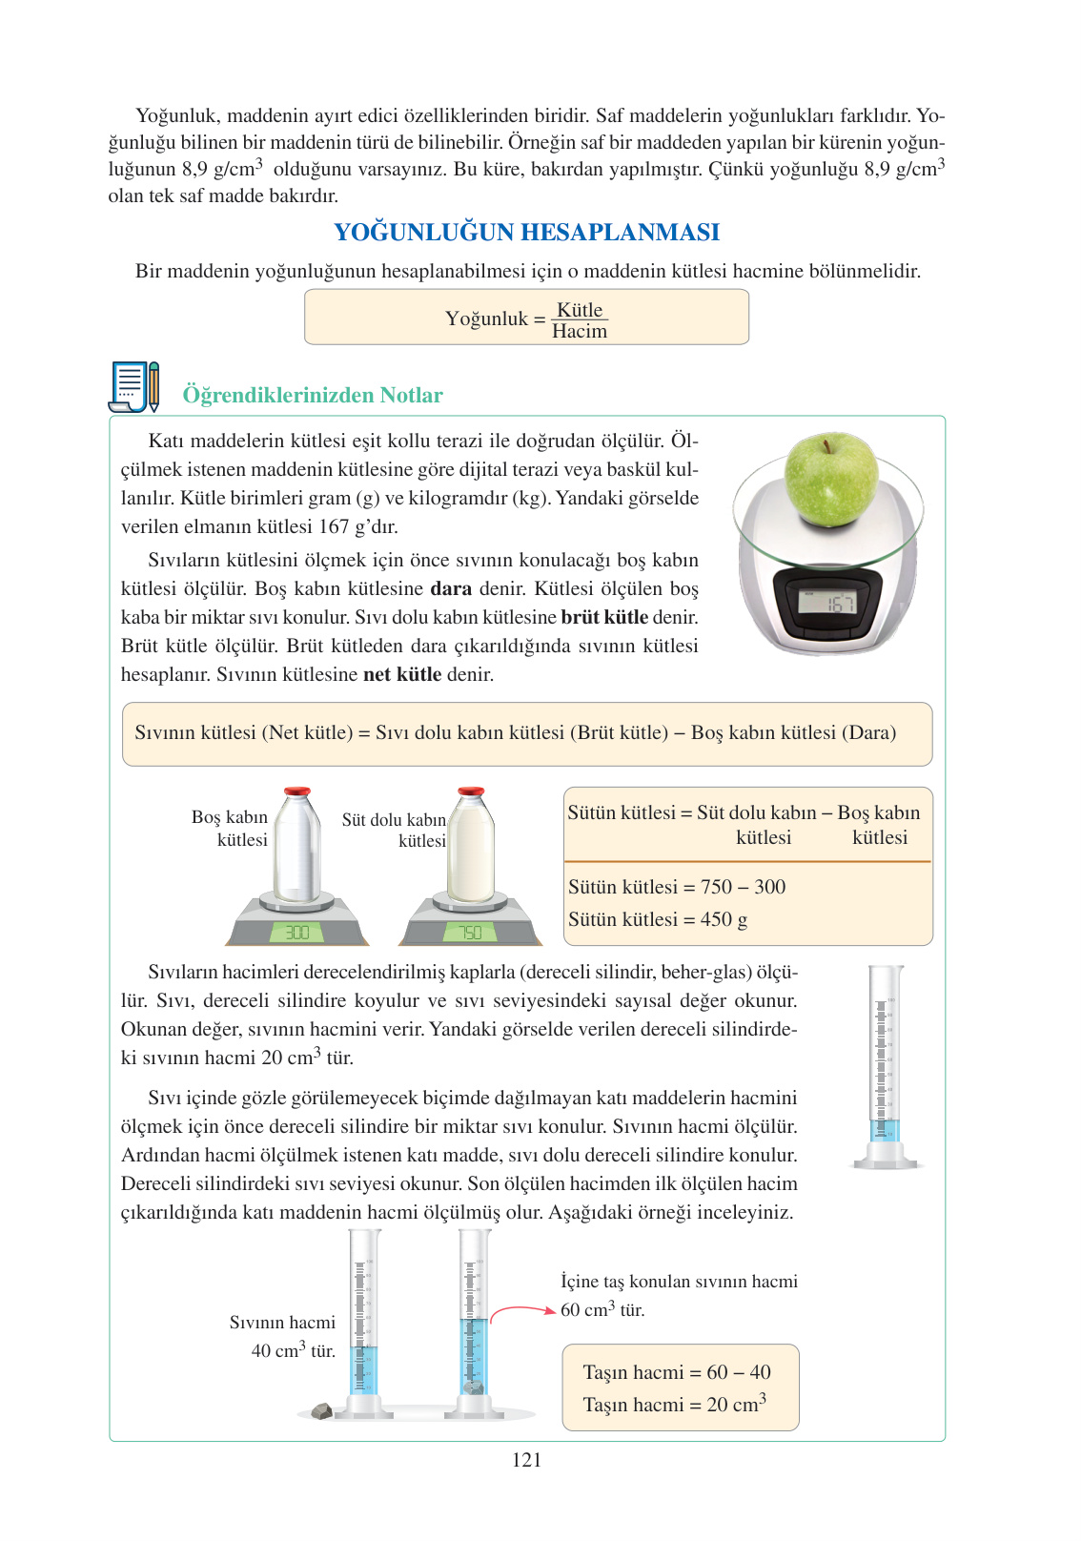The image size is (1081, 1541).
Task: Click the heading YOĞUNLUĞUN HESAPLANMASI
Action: pos(526,232)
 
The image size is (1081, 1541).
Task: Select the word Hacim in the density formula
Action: pos(579,332)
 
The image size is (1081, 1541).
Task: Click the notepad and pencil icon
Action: pos(133,386)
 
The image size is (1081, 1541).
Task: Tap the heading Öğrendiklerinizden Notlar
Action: pos(313,395)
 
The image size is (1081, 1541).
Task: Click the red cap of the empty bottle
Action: pos(297,791)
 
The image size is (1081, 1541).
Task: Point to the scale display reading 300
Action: pos(297,933)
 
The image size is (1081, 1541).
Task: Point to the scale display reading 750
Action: pos(470,933)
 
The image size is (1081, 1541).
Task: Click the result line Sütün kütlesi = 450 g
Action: pos(658,919)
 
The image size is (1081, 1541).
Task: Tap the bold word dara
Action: pos(451,588)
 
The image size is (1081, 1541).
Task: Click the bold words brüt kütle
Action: pos(604,617)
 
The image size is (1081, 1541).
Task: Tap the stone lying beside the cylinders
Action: pos(322,1410)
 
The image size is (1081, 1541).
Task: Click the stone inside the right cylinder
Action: pos(474,1387)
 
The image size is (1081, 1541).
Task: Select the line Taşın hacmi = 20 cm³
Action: pos(674,1405)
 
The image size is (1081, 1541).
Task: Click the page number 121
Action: pos(526,1460)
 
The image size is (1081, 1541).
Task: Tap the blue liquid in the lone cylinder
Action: pos(886,1131)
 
